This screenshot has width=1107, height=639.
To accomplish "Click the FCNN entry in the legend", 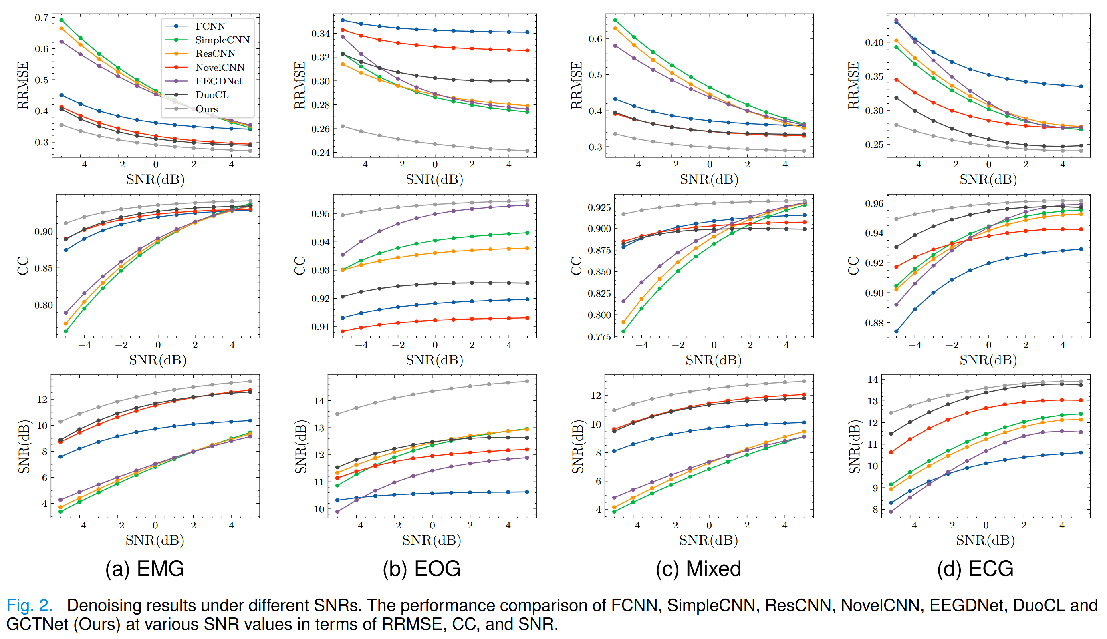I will coord(210,26).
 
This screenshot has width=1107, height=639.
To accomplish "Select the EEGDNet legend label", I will coord(219,81).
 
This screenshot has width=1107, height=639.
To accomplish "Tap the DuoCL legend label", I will coord(212,95).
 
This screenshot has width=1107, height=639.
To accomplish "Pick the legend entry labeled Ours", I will coord(206,109).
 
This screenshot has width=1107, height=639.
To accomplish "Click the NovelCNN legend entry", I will coord(220,68).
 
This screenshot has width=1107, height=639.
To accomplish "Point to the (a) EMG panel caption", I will coord(145,569).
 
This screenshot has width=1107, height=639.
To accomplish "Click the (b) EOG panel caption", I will coord(421,569).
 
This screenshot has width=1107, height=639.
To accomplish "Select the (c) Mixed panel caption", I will coord(698,569).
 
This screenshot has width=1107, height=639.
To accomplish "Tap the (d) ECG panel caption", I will coord(975,569).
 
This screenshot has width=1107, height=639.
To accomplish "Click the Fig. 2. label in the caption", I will coord(29,605).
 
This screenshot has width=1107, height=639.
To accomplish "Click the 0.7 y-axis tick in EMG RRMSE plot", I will coord(42,18).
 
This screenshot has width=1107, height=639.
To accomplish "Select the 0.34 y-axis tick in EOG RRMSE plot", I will coord(320,34).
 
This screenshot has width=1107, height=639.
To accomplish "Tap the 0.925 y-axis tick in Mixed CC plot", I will coord(599,207).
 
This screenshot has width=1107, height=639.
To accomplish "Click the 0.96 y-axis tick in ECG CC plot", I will coord(874,204).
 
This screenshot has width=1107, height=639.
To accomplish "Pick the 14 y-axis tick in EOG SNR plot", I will coord(319,400).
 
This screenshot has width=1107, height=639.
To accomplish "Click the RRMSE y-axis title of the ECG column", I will coord(853,85).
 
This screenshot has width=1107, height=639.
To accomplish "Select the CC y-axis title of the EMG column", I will coord(23,266).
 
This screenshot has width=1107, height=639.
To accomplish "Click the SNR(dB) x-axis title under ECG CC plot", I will coord(988,360).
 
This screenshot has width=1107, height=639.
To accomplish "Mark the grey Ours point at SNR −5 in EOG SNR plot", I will coord(337,414).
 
